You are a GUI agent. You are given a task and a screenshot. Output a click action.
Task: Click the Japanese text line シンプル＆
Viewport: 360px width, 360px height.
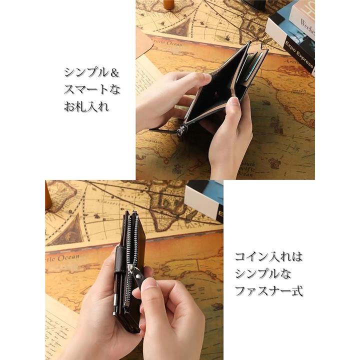92,72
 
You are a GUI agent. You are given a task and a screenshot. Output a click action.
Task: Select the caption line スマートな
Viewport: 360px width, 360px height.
92,89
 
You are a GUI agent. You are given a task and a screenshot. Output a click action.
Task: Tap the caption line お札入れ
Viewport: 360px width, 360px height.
86,106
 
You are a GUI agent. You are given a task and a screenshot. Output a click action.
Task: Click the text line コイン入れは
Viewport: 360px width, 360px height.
268,257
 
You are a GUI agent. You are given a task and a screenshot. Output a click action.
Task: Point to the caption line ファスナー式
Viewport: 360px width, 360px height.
268,290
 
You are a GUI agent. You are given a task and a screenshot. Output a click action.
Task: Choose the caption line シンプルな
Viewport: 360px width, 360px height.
262,273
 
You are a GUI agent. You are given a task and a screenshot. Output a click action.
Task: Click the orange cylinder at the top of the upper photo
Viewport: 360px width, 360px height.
169,4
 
